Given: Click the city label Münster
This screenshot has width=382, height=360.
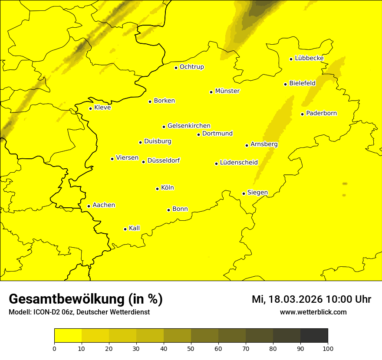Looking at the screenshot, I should point(227,91).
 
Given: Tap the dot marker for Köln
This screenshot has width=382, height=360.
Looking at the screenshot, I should point(157,189).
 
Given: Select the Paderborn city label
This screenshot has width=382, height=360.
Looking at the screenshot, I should point(322,113).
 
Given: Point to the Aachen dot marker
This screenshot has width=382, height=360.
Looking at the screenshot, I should point(89,206).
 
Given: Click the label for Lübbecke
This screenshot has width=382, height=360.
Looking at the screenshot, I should point(309,58).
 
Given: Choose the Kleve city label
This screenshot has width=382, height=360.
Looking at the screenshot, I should point(102,108).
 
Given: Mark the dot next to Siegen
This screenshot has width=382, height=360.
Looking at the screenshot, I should point(244,193).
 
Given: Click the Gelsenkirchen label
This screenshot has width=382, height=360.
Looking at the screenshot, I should point(189,126).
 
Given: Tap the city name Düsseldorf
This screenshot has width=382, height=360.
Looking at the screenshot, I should point(164,160).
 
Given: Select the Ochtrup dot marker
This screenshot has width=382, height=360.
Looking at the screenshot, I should point(176,68).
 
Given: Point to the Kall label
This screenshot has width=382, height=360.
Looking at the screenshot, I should point(135,228).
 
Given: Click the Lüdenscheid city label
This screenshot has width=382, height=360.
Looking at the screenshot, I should point(239,163).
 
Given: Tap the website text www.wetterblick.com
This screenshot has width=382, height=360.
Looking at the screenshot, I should point(313,312).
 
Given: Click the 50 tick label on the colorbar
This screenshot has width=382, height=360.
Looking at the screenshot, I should point(191,348).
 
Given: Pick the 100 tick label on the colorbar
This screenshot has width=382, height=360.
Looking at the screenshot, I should point(328,348).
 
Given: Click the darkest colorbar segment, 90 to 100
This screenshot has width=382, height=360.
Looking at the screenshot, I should point(314,336).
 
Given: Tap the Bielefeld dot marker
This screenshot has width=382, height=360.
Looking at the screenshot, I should point(285,84).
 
